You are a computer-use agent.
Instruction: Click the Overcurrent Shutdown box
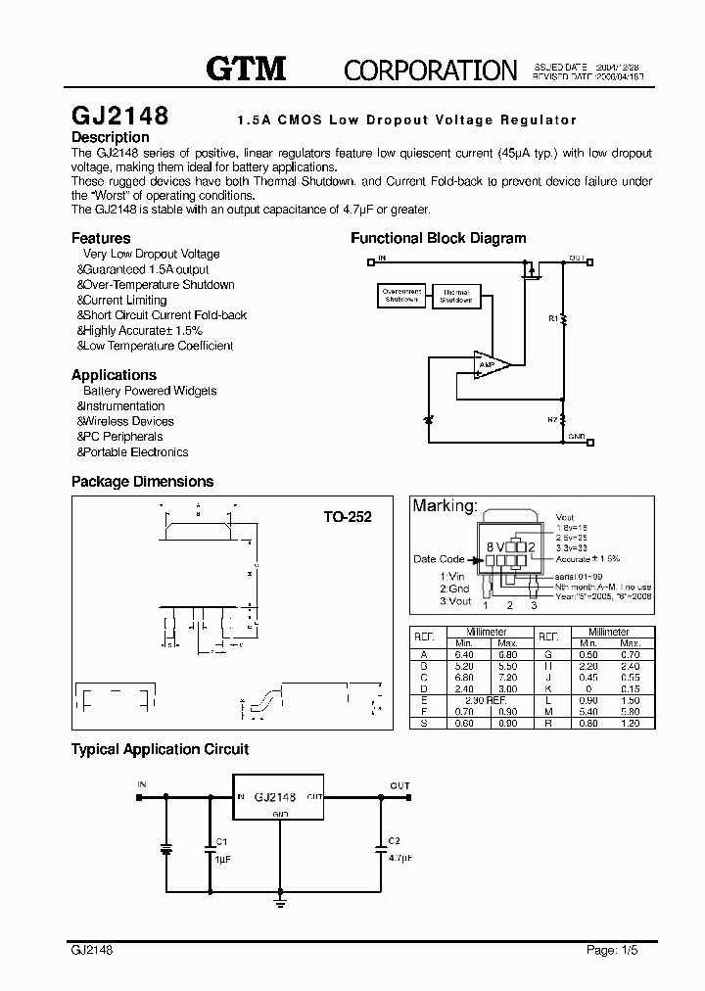click(401, 296)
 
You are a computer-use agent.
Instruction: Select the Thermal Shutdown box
click(455, 296)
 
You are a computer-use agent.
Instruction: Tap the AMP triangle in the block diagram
click(490, 364)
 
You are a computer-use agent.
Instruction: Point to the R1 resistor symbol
click(564, 318)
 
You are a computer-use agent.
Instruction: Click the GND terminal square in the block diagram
click(564, 441)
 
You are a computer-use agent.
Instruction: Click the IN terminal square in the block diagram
click(370, 261)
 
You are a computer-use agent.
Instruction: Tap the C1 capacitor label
click(221, 842)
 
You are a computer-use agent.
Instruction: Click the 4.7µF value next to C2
click(399, 857)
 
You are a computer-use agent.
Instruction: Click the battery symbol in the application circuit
click(166, 847)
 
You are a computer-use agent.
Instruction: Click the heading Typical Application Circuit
click(160, 749)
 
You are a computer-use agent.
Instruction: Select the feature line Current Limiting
click(124, 300)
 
